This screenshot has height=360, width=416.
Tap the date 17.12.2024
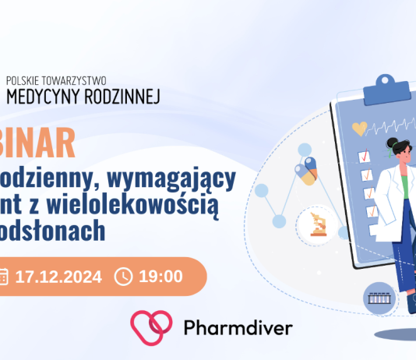tap(59, 276)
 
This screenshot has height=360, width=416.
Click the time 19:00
tap(160, 276)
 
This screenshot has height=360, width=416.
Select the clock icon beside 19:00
tap(124, 276)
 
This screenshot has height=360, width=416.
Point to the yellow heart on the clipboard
tap(359, 128)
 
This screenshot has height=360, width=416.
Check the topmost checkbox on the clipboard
tap(362, 157)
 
